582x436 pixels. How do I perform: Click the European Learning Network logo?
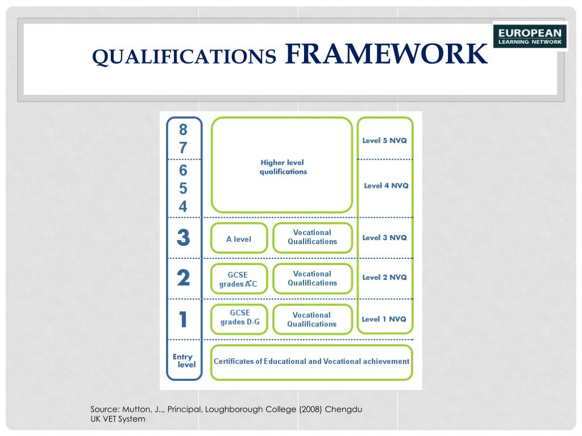tap(530, 36)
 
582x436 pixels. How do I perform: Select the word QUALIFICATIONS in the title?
tap(184, 56)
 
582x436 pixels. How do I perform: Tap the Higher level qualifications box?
tap(282, 166)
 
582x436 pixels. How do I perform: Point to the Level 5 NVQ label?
tap(385, 140)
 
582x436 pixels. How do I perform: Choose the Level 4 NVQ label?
tap(386, 186)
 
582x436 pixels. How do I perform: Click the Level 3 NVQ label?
tap(385, 237)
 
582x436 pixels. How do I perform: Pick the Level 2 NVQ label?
tap(385, 277)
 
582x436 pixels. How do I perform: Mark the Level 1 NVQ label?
tap(384, 319)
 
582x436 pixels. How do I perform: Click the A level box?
tap(239, 239)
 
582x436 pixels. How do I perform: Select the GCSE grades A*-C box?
tap(239, 279)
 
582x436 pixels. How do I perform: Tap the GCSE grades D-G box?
tap(239, 318)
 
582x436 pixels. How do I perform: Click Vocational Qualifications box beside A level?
tap(312, 237)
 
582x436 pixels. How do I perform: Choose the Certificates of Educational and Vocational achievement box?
tap(311, 362)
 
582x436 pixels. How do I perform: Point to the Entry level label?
tap(184, 360)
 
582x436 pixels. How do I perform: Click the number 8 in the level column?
tap(183, 130)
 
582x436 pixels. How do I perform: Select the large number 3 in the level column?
tap(183, 237)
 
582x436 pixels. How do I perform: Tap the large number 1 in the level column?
tap(183, 319)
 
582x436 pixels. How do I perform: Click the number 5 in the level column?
tap(183, 188)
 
